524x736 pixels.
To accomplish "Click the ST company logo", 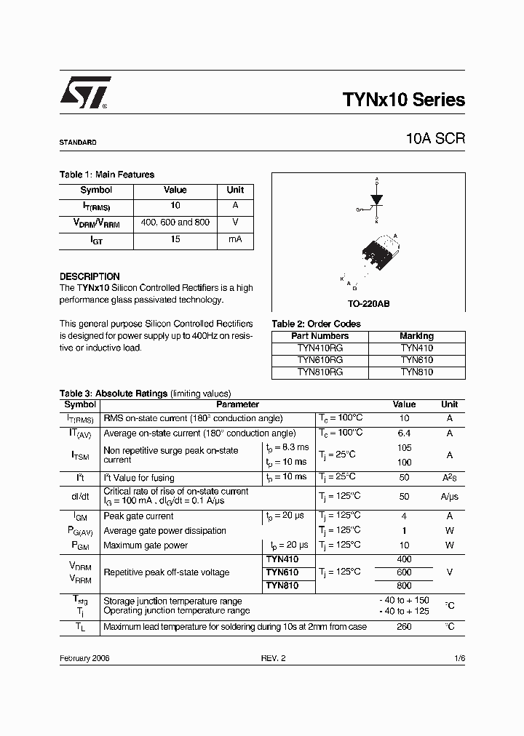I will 84,93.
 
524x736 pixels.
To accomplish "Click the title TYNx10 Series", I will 402,100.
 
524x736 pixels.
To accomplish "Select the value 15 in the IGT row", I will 175,239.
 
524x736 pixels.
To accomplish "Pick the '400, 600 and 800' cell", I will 175,223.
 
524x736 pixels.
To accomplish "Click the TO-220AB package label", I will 368,303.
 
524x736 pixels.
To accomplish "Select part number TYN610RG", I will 320,360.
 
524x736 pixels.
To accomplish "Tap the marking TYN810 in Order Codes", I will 416,372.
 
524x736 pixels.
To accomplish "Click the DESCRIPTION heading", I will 90,276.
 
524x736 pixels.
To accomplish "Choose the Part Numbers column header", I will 320,336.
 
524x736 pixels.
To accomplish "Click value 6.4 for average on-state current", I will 405,433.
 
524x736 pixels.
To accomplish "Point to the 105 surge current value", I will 405,447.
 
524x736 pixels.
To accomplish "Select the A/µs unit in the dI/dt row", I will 450,496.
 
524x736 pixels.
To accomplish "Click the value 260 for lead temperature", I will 405,626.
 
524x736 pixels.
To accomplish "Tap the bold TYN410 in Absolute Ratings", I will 282,559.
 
